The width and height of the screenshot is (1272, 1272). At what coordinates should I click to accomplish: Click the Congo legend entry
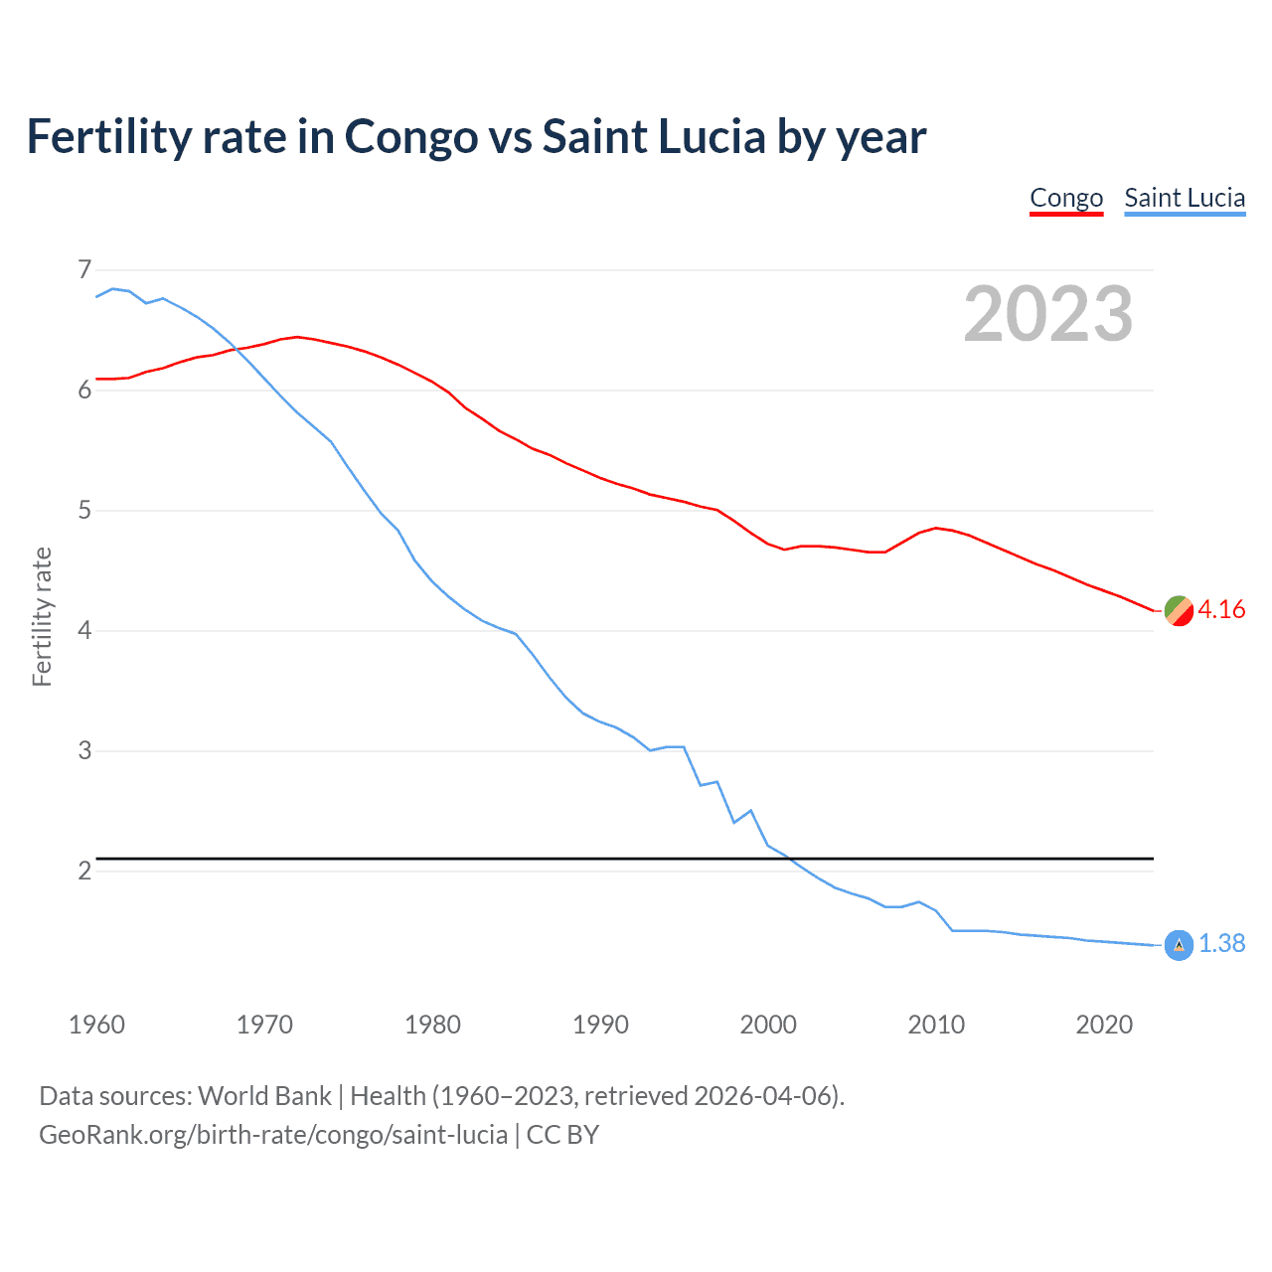[x=1066, y=198]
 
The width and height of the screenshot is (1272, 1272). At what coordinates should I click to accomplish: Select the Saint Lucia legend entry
[x=1185, y=198]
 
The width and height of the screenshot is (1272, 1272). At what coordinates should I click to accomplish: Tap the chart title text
[x=476, y=136]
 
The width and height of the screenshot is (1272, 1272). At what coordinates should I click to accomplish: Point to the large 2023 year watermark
[x=1047, y=314]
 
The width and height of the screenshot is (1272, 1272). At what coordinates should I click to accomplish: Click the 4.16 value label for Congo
[x=1221, y=610]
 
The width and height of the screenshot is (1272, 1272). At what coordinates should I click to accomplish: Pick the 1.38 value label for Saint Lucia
[x=1221, y=944]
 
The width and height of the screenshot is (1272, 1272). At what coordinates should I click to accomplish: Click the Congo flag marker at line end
[x=1179, y=611]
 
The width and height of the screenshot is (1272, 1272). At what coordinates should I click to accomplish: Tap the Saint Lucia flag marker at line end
[x=1179, y=945]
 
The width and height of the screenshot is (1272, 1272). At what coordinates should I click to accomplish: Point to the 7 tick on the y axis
[x=84, y=269]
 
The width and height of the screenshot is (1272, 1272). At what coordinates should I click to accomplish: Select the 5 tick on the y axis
[x=84, y=511]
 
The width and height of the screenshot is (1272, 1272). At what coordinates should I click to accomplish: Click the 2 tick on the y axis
[x=84, y=871]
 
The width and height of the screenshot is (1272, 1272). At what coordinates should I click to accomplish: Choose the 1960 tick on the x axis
[x=96, y=1025]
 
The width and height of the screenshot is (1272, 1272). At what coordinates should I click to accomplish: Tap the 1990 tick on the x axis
[x=600, y=1025]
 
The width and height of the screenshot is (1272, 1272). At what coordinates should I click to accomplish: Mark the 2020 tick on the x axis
[x=1104, y=1025]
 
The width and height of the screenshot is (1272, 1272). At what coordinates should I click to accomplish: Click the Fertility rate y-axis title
[x=42, y=616]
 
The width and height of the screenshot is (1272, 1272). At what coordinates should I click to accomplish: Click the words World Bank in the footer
[x=264, y=1096]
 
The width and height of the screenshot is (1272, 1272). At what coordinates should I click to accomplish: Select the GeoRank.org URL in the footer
[x=273, y=1135]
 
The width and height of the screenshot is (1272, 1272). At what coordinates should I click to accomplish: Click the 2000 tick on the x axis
[x=768, y=1025]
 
